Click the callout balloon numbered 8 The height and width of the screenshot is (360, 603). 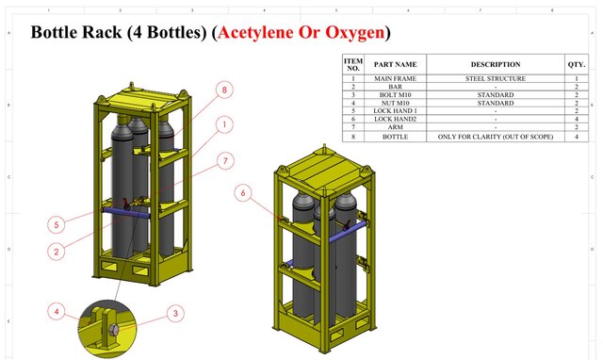pyautogui.click(x=223, y=90)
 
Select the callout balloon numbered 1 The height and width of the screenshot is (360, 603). pyautogui.click(x=223, y=124)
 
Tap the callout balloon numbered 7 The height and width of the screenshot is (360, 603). pyautogui.click(x=223, y=161)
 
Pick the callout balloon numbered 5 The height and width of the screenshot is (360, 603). pyautogui.click(x=57, y=224)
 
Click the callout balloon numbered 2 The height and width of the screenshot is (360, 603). pyautogui.click(x=57, y=252)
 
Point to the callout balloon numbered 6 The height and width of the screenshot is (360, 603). pyautogui.click(x=245, y=193)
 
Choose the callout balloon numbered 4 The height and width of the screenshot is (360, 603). pyautogui.click(x=57, y=312)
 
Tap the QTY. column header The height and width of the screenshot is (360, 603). pyautogui.click(x=576, y=64)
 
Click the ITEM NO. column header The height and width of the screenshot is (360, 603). pyautogui.click(x=353, y=64)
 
